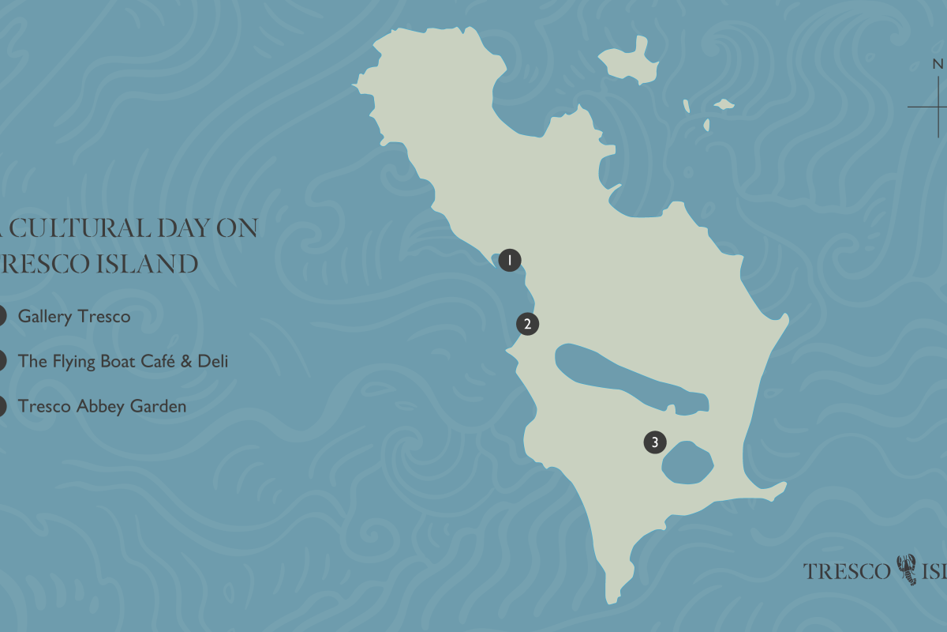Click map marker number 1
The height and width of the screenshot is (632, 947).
click(510, 259)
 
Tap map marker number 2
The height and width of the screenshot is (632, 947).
click(527, 323)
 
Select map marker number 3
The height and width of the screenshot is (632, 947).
click(654, 442)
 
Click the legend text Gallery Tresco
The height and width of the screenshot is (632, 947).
click(74, 317)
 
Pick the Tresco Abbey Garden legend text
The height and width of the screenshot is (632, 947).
click(102, 407)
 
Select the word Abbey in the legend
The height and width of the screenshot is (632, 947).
click(102, 407)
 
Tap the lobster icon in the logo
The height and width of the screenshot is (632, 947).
click(908, 570)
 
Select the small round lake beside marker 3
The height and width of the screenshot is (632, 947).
click(687, 462)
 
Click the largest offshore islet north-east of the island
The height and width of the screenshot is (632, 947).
click(631, 63)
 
